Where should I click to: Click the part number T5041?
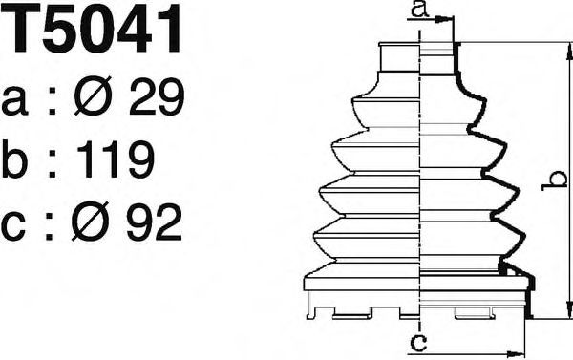coord(92,29)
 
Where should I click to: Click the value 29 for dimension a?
coord(158,96)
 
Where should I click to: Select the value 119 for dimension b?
coord(117,159)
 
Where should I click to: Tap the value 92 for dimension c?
coord(154,222)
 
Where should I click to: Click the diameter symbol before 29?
coord(93,96)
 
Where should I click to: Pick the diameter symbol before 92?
coord(91,222)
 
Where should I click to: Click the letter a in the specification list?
coord(14,101)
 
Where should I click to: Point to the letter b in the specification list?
coord(14,159)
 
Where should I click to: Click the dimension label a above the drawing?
coord(419,9)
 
